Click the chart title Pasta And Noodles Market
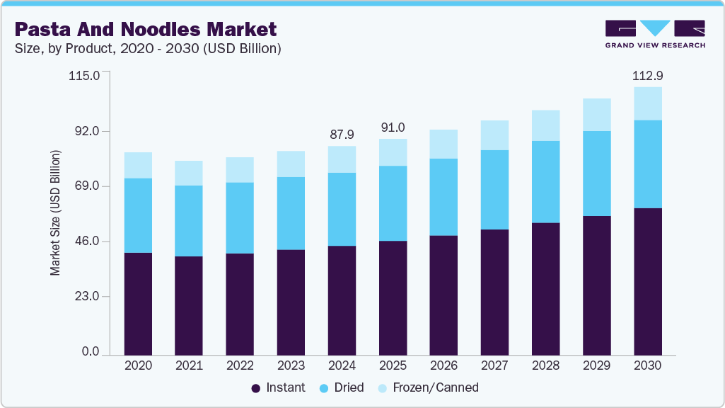pos(145,29)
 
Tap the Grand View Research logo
pos(654,34)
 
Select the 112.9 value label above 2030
pos(647,75)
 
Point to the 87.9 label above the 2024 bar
pos(342,134)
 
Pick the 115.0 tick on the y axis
pos(85,75)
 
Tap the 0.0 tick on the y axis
pos(90,352)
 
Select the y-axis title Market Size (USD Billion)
pos(55,212)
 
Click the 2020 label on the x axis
pos(138,366)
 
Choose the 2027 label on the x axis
pos(494,366)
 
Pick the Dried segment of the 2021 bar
pos(189,220)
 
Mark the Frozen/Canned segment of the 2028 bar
pos(545,125)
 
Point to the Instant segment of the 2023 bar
pos(291,302)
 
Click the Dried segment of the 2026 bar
pos(443,197)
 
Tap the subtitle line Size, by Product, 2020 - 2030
pos(148,49)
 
